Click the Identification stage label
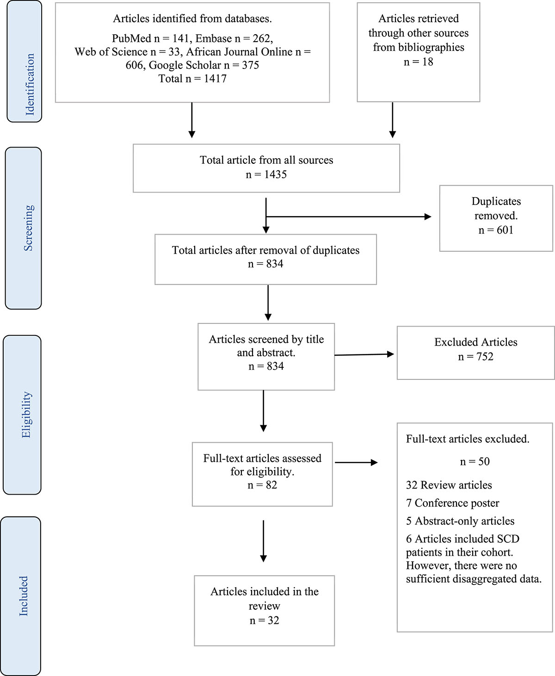point(30,84)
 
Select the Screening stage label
point(29,228)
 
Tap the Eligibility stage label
point(27,415)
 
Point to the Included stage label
point(23,596)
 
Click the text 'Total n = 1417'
point(192,79)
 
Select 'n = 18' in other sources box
point(418,62)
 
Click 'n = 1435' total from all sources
point(266,174)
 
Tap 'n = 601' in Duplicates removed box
point(496,230)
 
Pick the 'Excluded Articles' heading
point(475,342)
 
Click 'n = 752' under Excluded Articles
point(475,357)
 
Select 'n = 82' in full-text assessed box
point(262,485)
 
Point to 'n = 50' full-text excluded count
point(475,461)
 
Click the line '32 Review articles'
point(449,485)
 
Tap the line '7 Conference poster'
point(452,503)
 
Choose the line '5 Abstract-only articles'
point(460,521)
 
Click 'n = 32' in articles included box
point(264,620)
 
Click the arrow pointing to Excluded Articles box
point(364,354)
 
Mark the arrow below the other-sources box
point(392,120)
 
